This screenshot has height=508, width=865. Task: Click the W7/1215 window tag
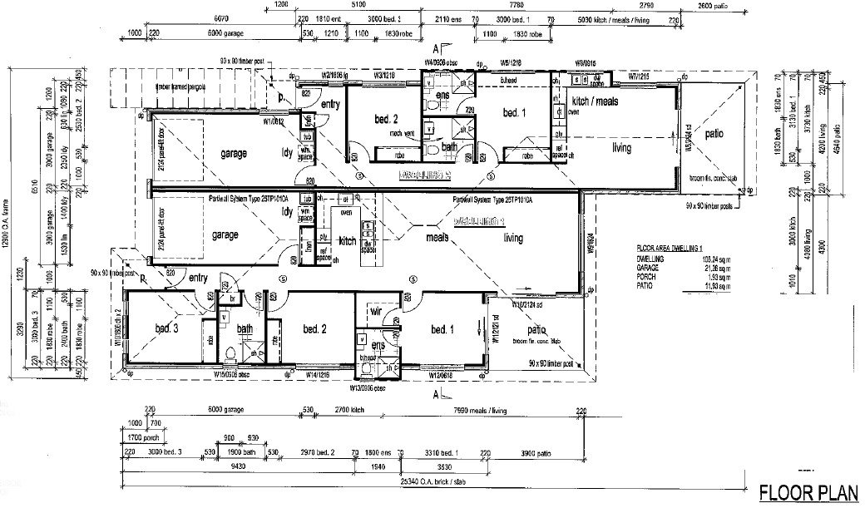[x=639, y=74]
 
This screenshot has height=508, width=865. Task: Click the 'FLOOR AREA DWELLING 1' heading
[x=667, y=249]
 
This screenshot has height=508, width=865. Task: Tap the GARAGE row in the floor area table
[x=641, y=269]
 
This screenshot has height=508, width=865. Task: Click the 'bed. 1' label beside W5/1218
[x=515, y=112]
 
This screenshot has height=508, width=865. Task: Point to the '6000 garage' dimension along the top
[x=226, y=33]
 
